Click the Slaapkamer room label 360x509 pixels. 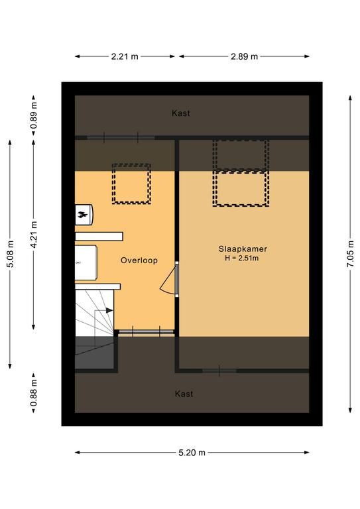tap(243, 249)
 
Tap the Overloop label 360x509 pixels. tap(139, 260)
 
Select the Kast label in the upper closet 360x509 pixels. tap(181, 113)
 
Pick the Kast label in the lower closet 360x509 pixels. tap(184, 394)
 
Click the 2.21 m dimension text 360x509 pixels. tap(125, 56)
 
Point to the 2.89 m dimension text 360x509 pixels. tap(244, 56)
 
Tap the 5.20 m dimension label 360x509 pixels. tap(192, 453)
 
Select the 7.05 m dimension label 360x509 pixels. tap(350, 254)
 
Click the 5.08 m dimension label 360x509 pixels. tap(11, 254)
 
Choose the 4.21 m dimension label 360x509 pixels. tap(34, 235)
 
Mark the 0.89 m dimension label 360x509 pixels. tap(34, 115)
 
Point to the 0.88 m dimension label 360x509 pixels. tap(34, 393)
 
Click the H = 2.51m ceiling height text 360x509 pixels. tap(242, 258)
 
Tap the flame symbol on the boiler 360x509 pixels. tap(81, 214)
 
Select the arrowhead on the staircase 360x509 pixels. tap(109, 310)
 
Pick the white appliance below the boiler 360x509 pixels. tap(86, 262)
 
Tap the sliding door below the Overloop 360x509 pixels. tap(146, 332)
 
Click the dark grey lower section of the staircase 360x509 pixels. tap(94, 353)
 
